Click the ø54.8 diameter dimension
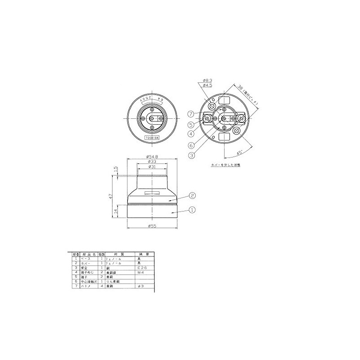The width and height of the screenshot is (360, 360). (154, 157)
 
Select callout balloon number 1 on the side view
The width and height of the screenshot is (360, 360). (192, 209)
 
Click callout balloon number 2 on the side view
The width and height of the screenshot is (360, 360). (192, 196)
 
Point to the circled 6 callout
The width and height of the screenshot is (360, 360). (191, 145)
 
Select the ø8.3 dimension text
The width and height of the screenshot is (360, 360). (208, 80)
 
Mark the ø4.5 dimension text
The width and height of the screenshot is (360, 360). (208, 85)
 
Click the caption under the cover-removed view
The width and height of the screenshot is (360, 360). (226, 165)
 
